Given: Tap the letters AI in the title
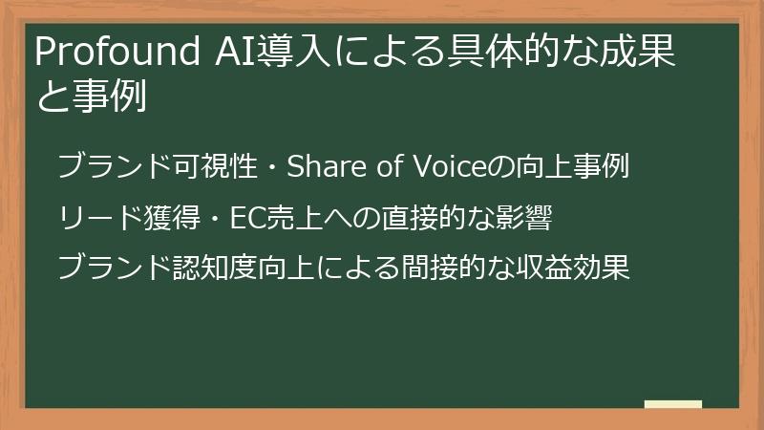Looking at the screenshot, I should tap(225, 54).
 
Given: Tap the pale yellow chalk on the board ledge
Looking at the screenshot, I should tap(673, 405).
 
